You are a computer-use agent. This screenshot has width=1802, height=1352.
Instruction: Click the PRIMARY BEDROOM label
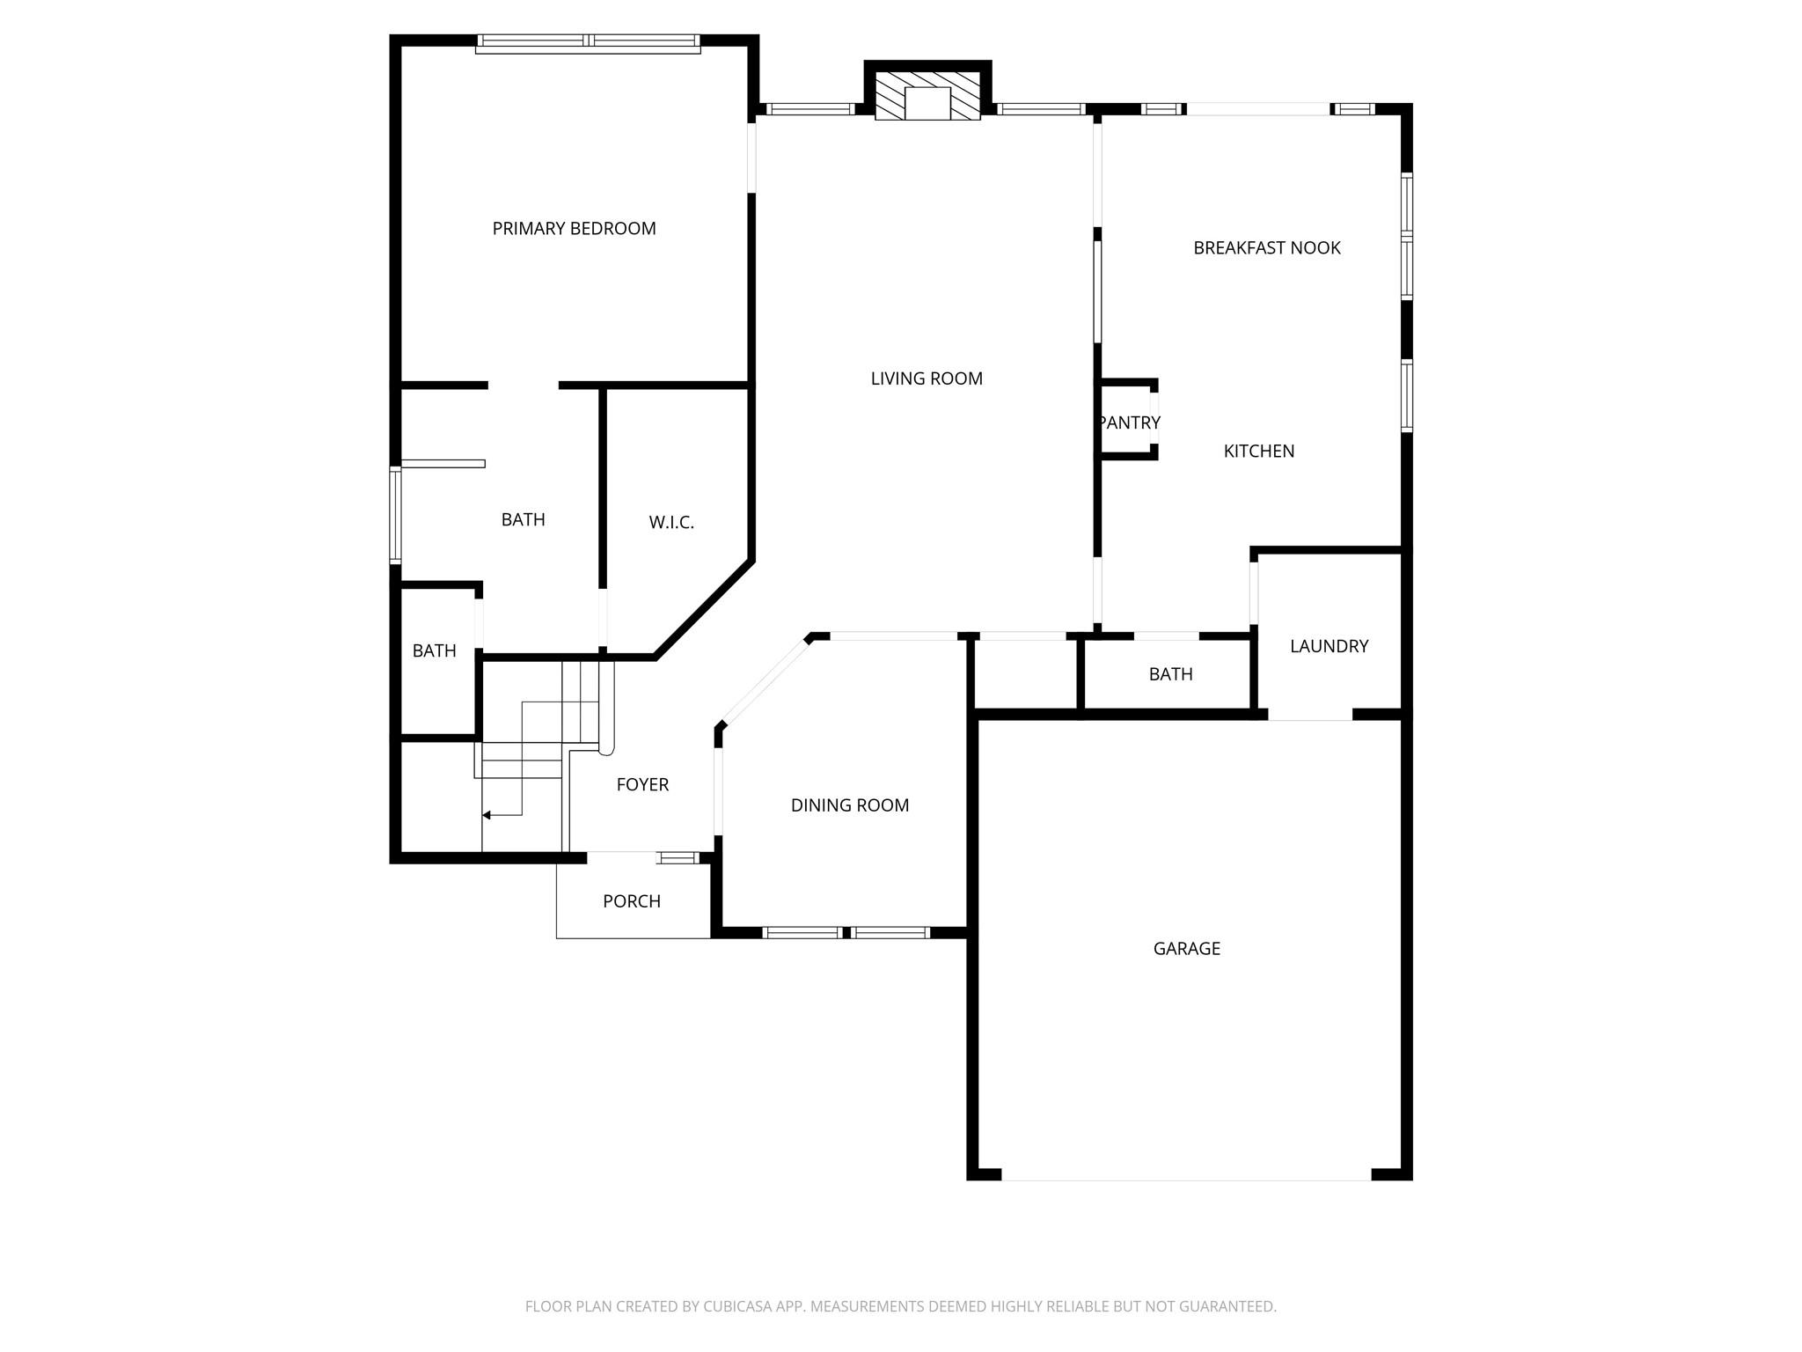point(574,229)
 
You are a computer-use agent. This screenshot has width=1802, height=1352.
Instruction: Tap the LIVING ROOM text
point(927,378)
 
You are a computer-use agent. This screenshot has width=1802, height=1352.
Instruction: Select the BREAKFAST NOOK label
point(1267,248)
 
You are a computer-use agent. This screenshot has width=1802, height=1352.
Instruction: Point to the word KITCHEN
point(1259,452)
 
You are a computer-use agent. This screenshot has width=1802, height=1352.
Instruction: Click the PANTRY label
point(1130,422)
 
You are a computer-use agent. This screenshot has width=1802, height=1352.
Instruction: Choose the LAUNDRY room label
point(1329,647)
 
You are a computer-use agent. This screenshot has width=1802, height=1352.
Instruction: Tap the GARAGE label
point(1187,949)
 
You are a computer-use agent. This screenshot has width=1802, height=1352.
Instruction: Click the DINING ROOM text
point(850,805)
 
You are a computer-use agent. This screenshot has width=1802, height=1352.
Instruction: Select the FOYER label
point(642,785)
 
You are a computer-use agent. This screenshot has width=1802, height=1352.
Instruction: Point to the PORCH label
point(632,901)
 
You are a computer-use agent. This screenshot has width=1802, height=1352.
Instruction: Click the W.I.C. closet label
point(671,523)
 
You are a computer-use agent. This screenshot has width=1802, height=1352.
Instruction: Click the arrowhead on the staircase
point(487,816)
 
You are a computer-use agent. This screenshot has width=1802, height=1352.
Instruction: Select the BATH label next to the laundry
point(1171,674)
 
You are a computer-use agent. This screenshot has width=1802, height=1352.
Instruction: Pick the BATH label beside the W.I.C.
point(524,520)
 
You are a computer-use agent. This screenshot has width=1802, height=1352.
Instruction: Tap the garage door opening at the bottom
point(1186,1175)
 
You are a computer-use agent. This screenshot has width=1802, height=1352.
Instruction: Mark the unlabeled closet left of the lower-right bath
point(1026,673)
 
